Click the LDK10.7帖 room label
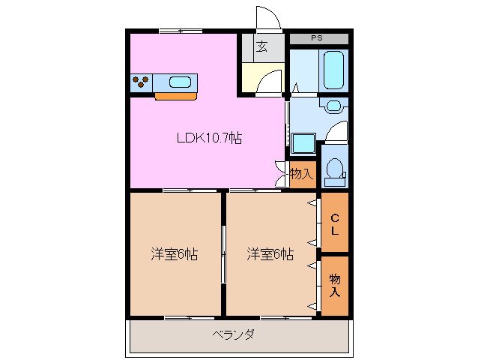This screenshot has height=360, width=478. coord(208,138)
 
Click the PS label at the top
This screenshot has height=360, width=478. coord(318,37)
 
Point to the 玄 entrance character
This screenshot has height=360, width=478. coord(261,46)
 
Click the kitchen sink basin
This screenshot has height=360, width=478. coord(181,82)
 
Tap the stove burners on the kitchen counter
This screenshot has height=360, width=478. coord(141,82)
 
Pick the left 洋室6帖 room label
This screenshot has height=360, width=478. coord(174,254)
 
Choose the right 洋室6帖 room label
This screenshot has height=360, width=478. coord(270,254)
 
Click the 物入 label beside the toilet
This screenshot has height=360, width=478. coord(301,175)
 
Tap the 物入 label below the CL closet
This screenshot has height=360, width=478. coord(335,285)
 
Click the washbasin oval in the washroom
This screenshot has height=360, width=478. coord(333,105)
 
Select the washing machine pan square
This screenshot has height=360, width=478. coord(303,142)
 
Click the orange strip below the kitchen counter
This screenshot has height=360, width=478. coord(175,96)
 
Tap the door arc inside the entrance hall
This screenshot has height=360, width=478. coord(270,81)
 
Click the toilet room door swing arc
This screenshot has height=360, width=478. coord(339,131)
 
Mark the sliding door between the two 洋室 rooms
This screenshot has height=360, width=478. coord(223,255)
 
